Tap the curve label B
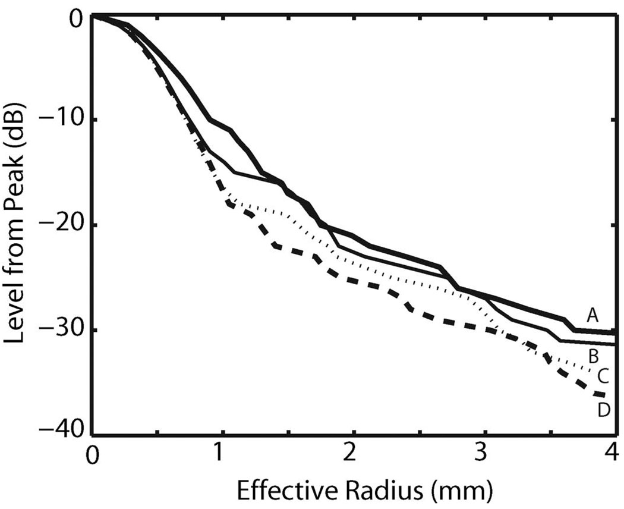(x=593, y=357)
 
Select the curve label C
(x=602, y=376)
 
